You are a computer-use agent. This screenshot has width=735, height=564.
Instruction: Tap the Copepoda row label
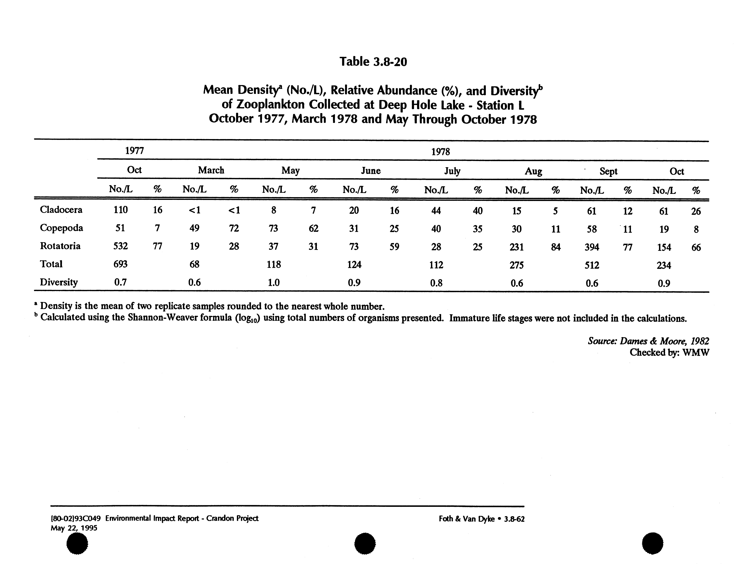click(x=61, y=228)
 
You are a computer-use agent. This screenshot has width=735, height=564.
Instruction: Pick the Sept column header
click(x=608, y=172)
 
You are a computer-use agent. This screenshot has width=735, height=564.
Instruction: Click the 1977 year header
click(x=134, y=151)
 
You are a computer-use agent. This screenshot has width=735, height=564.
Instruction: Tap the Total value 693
click(x=120, y=264)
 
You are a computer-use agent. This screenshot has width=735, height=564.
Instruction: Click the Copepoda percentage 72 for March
click(x=234, y=228)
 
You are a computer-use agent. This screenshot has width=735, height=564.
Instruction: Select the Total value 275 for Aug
click(x=517, y=265)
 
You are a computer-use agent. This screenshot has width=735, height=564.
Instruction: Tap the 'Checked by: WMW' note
click(x=669, y=352)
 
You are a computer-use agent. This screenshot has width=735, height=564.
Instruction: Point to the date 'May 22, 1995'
click(x=74, y=528)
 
